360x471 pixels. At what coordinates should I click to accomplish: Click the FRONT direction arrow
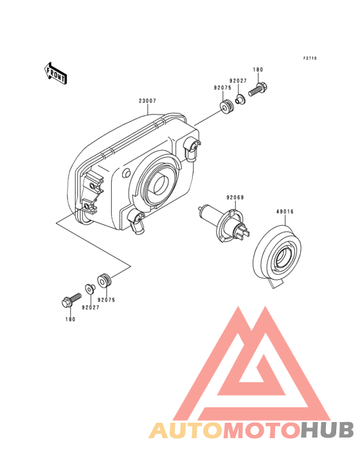pyautogui.click(x=55, y=73)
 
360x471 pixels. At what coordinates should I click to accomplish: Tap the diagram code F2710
pyautogui.click(x=310, y=59)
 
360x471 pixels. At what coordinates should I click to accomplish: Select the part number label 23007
pyautogui.click(x=147, y=101)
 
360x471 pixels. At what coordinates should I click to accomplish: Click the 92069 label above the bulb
pyautogui.click(x=235, y=198)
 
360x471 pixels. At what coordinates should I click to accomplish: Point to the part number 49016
pyautogui.click(x=285, y=212)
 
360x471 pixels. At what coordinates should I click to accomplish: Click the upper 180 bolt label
pyautogui.click(x=258, y=69)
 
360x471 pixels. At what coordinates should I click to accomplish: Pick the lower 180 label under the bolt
pyautogui.click(x=70, y=319)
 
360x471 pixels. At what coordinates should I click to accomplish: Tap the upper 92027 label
pyautogui.click(x=238, y=81)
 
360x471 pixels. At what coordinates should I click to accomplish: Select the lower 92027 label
pyautogui.click(x=90, y=308)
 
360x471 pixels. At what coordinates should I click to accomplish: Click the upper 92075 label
pyautogui.click(x=222, y=88)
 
